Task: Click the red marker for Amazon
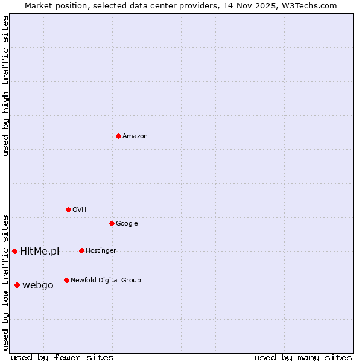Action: pos(118,136)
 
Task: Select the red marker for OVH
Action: pos(68,209)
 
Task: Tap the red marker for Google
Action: pos(112,223)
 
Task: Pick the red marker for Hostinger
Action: pos(81,250)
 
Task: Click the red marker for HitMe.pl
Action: pos(14,251)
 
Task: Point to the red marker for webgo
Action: pos(17,285)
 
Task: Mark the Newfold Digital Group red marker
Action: pos(66,280)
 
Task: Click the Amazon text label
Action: pos(135,136)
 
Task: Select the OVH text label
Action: pos(79,210)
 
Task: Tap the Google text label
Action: pos(127,224)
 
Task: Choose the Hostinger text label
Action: pos(101,251)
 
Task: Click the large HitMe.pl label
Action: pos(40,252)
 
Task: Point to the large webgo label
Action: pos(38,285)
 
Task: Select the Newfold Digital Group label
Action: pos(106,281)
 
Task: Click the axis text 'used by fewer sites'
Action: pos(62,357)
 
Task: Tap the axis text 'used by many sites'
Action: pos(303,357)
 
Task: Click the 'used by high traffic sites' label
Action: pos(6,86)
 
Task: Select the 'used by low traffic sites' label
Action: pos(6,282)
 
